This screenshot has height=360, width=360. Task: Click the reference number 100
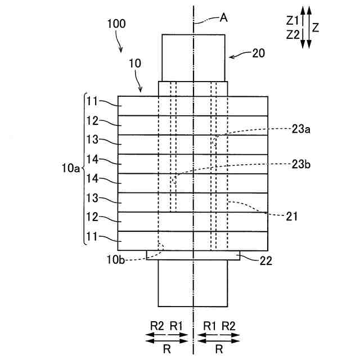pyautogui.click(x=115, y=24)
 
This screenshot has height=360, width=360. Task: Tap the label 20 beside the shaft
pyautogui.click(x=258, y=53)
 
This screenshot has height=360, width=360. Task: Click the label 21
pyautogui.click(x=291, y=215)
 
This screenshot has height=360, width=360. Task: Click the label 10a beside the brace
pyautogui.click(x=70, y=168)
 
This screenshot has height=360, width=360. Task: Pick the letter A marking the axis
pyautogui.click(x=223, y=17)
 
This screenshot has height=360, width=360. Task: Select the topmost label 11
pyautogui.click(x=93, y=101)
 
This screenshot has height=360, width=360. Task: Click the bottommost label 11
pyautogui.click(x=93, y=236)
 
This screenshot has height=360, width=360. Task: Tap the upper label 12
pyautogui.click(x=93, y=120)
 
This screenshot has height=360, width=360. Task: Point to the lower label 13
pyautogui.click(x=93, y=197)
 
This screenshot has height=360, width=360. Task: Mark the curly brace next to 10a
pyautogui.click(x=84, y=168)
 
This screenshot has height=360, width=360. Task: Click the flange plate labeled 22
pyautogui.click(x=193, y=255)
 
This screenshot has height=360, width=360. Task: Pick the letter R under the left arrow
pyautogui.click(x=166, y=348)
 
